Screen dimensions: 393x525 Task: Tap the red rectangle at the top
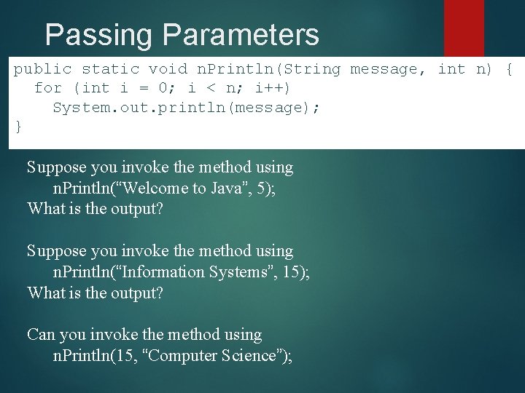[464, 27]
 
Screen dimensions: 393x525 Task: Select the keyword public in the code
[43, 69]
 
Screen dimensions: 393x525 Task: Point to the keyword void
[168, 69]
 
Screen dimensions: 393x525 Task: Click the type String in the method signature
[311, 69]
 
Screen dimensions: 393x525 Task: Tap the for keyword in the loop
[48, 88]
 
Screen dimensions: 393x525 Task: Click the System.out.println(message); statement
[186, 108]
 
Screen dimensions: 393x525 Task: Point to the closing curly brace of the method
[19, 127]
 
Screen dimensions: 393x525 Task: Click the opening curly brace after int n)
[509, 69]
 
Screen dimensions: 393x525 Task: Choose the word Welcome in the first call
[156, 188]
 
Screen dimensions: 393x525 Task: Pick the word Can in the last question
[41, 335]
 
